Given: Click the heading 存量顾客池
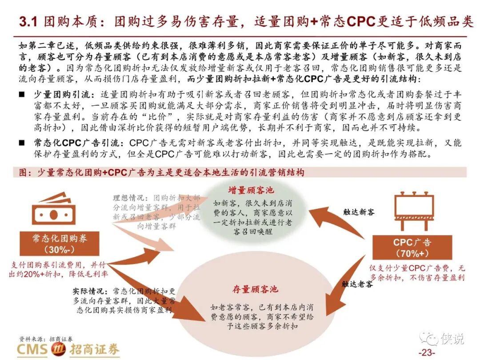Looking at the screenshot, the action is (255, 289).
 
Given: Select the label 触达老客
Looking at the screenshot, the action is (357, 284).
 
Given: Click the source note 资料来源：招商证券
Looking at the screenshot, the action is (46, 339).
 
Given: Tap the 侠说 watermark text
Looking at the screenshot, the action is (452, 339).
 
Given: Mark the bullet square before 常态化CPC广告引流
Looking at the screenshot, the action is (22, 143).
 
